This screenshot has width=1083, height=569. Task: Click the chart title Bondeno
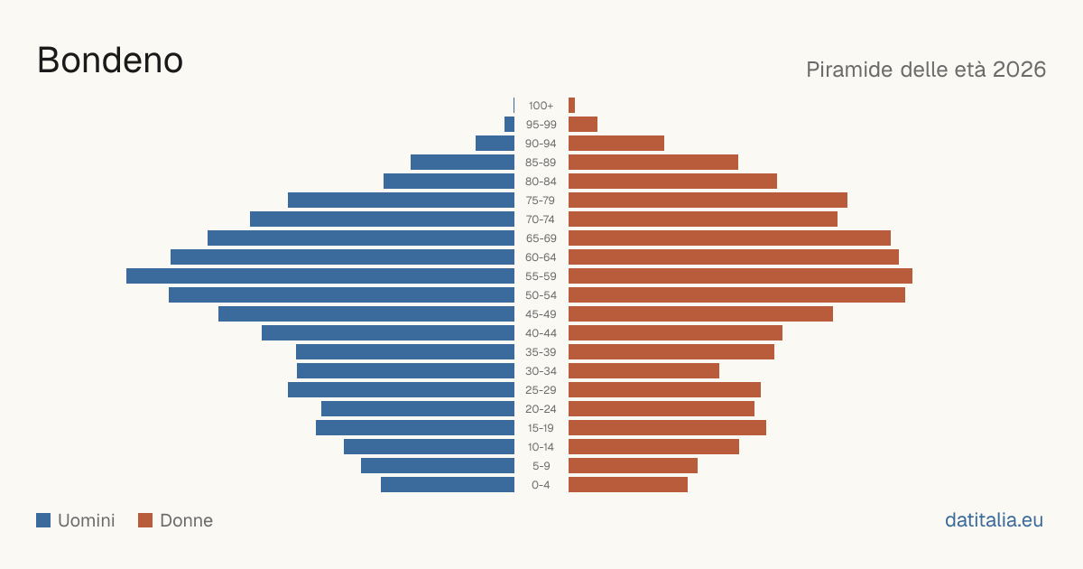110,61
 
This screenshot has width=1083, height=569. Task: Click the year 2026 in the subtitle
1019,70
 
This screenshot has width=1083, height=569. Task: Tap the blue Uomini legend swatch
43,520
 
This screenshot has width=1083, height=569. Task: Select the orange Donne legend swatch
145,520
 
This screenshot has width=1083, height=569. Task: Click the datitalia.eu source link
994,520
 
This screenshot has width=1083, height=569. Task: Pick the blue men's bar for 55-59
320,275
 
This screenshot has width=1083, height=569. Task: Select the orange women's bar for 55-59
740,275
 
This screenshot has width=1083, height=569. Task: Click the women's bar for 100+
571,105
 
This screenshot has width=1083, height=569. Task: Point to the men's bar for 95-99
509,125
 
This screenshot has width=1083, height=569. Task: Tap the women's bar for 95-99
583,125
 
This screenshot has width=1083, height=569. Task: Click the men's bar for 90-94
495,144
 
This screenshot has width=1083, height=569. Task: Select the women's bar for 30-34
644,370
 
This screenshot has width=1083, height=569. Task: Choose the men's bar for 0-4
448,484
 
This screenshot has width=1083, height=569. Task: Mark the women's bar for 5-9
633,465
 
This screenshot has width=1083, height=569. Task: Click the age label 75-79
541,201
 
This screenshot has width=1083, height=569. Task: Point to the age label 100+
541,106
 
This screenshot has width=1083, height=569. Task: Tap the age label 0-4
541,485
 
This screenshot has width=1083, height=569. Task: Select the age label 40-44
541,333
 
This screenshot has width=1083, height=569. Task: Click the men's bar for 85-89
463,162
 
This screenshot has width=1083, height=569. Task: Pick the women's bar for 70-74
703,219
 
